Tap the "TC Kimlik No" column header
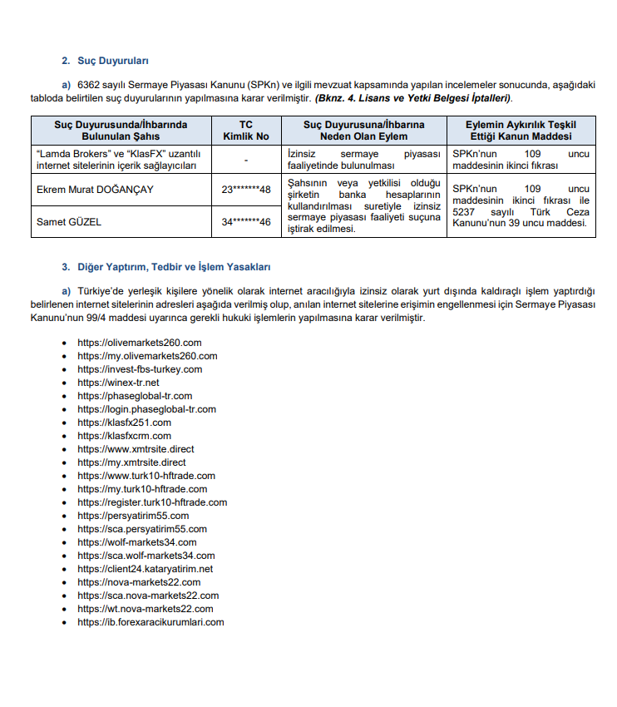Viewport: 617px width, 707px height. (245, 131)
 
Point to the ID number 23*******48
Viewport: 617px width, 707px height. (246, 190)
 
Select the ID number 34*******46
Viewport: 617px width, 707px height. (246, 222)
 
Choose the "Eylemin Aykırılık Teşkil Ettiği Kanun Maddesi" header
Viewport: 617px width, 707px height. (521, 131)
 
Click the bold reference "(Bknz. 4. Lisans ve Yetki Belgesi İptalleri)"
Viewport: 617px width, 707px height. (412, 98)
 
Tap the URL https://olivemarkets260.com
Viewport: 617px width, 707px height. (140, 343)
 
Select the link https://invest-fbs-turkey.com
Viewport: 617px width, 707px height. (140, 369)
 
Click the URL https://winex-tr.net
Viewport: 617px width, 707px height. (118, 383)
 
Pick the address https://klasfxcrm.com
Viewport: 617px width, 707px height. (125, 436)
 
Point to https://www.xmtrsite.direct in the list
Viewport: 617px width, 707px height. (136, 449)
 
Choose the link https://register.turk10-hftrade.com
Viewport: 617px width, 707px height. (152, 502)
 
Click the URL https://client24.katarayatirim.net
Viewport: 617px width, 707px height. (146, 569)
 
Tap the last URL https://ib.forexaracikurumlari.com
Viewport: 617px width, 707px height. (151, 622)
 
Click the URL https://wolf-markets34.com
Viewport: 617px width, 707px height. (137, 542)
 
